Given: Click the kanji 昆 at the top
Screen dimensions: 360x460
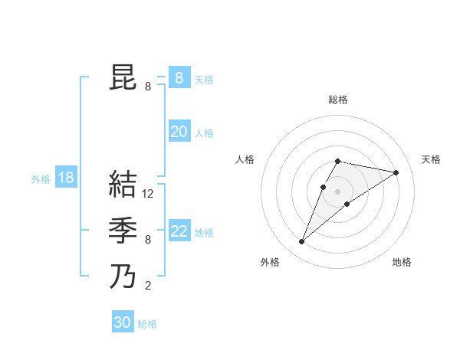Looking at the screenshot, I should tap(123, 79).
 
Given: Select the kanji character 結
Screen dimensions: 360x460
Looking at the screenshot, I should tap(123, 185).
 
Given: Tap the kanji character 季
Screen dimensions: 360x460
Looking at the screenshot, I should tap(123, 231).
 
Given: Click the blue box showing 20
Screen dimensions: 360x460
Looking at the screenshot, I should tap(179, 132).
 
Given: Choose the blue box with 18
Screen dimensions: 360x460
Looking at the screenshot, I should tap(66, 178).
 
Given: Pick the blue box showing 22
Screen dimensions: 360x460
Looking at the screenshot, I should tap(179, 231).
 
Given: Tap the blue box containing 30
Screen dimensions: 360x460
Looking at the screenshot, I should tap(123, 322).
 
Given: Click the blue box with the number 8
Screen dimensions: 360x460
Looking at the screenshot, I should tap(179, 78).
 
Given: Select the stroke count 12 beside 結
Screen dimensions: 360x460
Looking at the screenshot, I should tap(149, 195).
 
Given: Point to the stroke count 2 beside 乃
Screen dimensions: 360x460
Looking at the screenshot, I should tap(148, 286).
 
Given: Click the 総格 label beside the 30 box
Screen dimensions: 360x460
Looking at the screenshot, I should tap(147, 324).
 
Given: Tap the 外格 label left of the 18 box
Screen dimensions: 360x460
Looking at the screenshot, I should tap(41, 179).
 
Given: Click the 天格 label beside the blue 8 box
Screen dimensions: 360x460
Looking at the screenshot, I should tap(204, 80).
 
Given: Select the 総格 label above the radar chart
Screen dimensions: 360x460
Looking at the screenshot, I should tap(338, 100).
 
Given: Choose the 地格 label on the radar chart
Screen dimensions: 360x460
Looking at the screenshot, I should tap(402, 262).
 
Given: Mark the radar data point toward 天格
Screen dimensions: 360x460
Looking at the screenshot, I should tap(396, 173).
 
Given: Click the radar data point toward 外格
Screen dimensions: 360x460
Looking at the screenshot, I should tap(301, 242).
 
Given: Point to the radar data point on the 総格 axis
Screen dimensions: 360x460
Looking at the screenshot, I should tap(338, 161).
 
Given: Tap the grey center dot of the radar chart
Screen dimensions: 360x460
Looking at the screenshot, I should tap(338, 191).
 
